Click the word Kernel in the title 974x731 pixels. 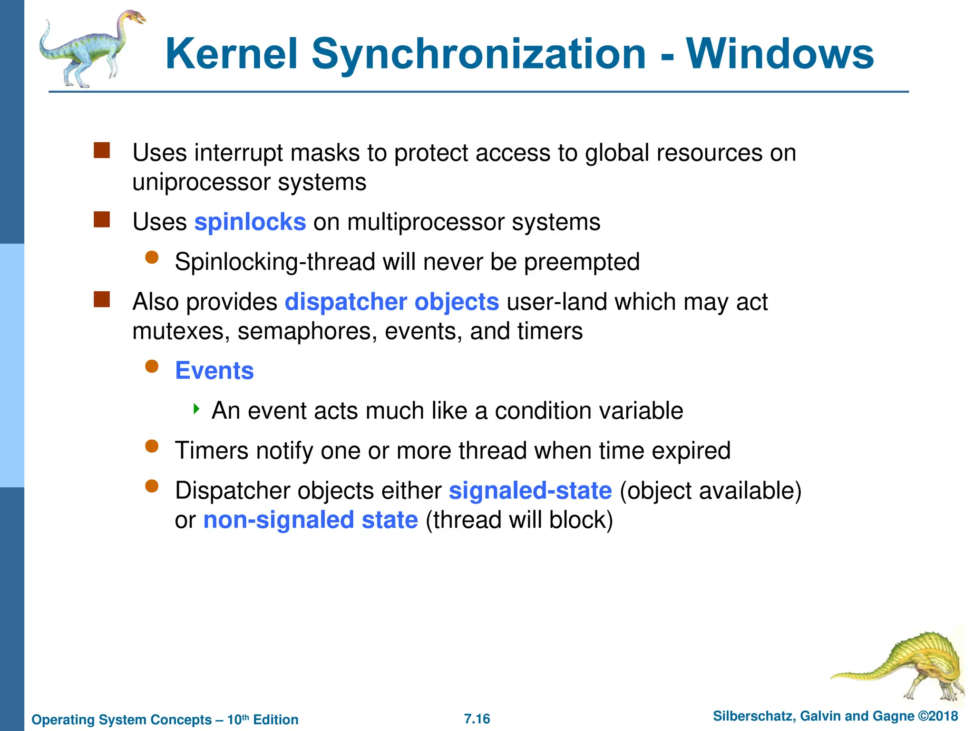pos(232,54)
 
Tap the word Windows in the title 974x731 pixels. pos(779,54)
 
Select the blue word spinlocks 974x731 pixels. pos(250,222)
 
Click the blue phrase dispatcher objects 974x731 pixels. pos(392,302)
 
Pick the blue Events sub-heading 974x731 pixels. pos(214,371)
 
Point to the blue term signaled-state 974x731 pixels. pos(530,491)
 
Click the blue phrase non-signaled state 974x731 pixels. pos(311,520)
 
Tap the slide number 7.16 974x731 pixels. pos(477,719)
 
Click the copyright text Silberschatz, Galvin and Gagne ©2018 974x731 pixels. pos(835,716)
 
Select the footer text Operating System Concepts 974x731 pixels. pos(122,720)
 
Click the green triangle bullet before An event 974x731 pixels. pos(196,409)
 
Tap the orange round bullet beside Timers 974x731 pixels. pos(152,446)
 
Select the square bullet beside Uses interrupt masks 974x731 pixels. pos(102,150)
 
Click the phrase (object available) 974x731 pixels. pos(711,491)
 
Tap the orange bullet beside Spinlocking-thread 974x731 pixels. pos(152,257)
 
